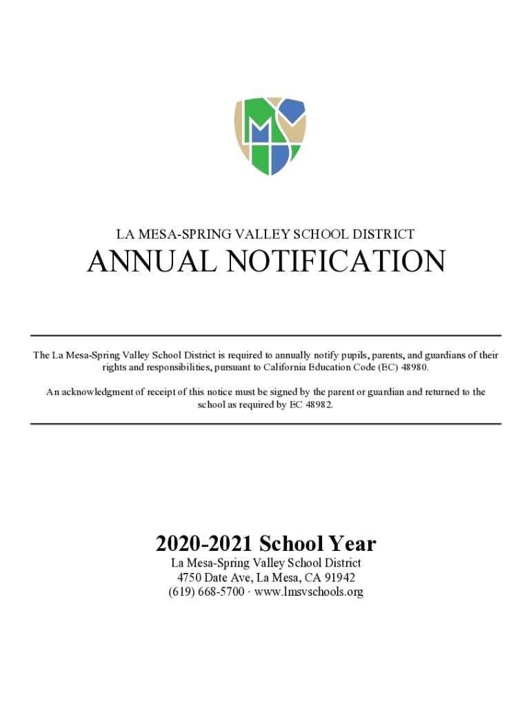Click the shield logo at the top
[x=269, y=136]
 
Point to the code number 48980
[x=412, y=367]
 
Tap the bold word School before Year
[x=286, y=545]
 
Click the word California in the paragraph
[x=288, y=367]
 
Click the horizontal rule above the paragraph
[x=265, y=335]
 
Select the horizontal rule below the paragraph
[x=265, y=424]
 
